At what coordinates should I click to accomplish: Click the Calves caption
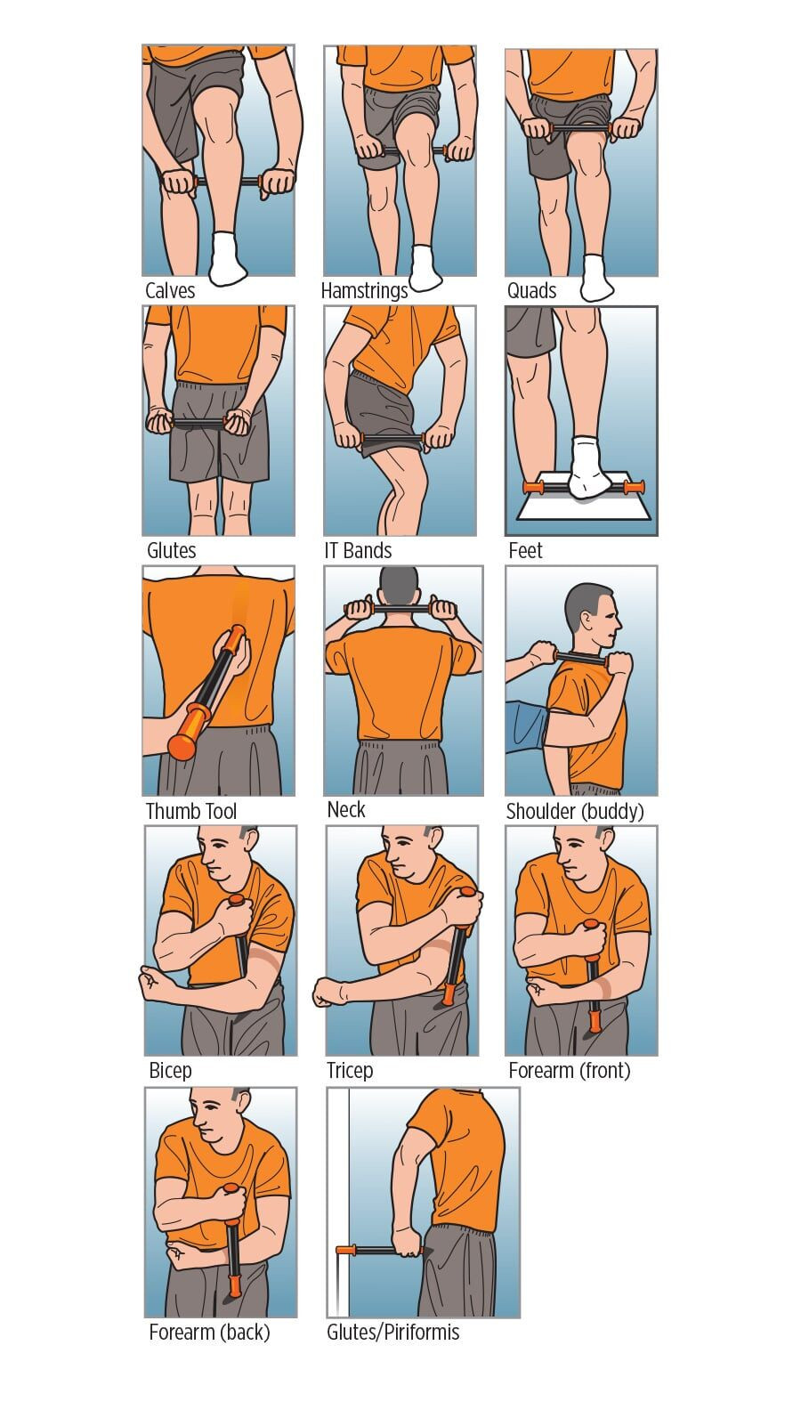click(170, 290)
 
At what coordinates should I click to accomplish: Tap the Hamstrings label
click(364, 290)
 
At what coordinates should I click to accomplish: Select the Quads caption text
click(531, 290)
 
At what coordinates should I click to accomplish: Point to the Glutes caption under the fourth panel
click(171, 551)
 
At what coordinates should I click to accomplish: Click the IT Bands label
click(358, 551)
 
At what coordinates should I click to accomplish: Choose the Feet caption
click(525, 551)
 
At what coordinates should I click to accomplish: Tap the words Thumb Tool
click(190, 811)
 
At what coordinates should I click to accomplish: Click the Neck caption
click(346, 809)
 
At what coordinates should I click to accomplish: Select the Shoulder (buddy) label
click(574, 811)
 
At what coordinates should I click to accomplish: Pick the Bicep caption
click(170, 1070)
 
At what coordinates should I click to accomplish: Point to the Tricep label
click(349, 1070)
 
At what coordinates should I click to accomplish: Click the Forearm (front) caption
click(569, 1070)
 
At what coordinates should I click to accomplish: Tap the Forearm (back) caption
click(209, 1332)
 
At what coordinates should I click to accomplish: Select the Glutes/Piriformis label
click(392, 1332)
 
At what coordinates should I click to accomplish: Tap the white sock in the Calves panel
click(228, 258)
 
